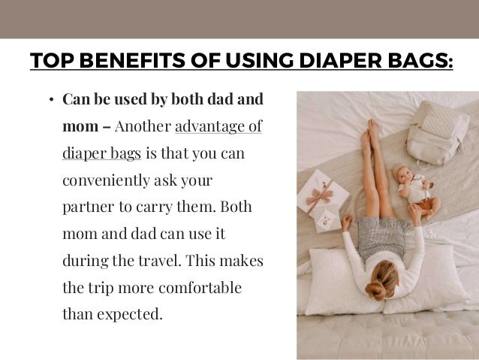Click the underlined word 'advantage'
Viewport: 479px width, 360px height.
point(218,125)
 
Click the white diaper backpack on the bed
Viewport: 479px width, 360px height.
point(435,135)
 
